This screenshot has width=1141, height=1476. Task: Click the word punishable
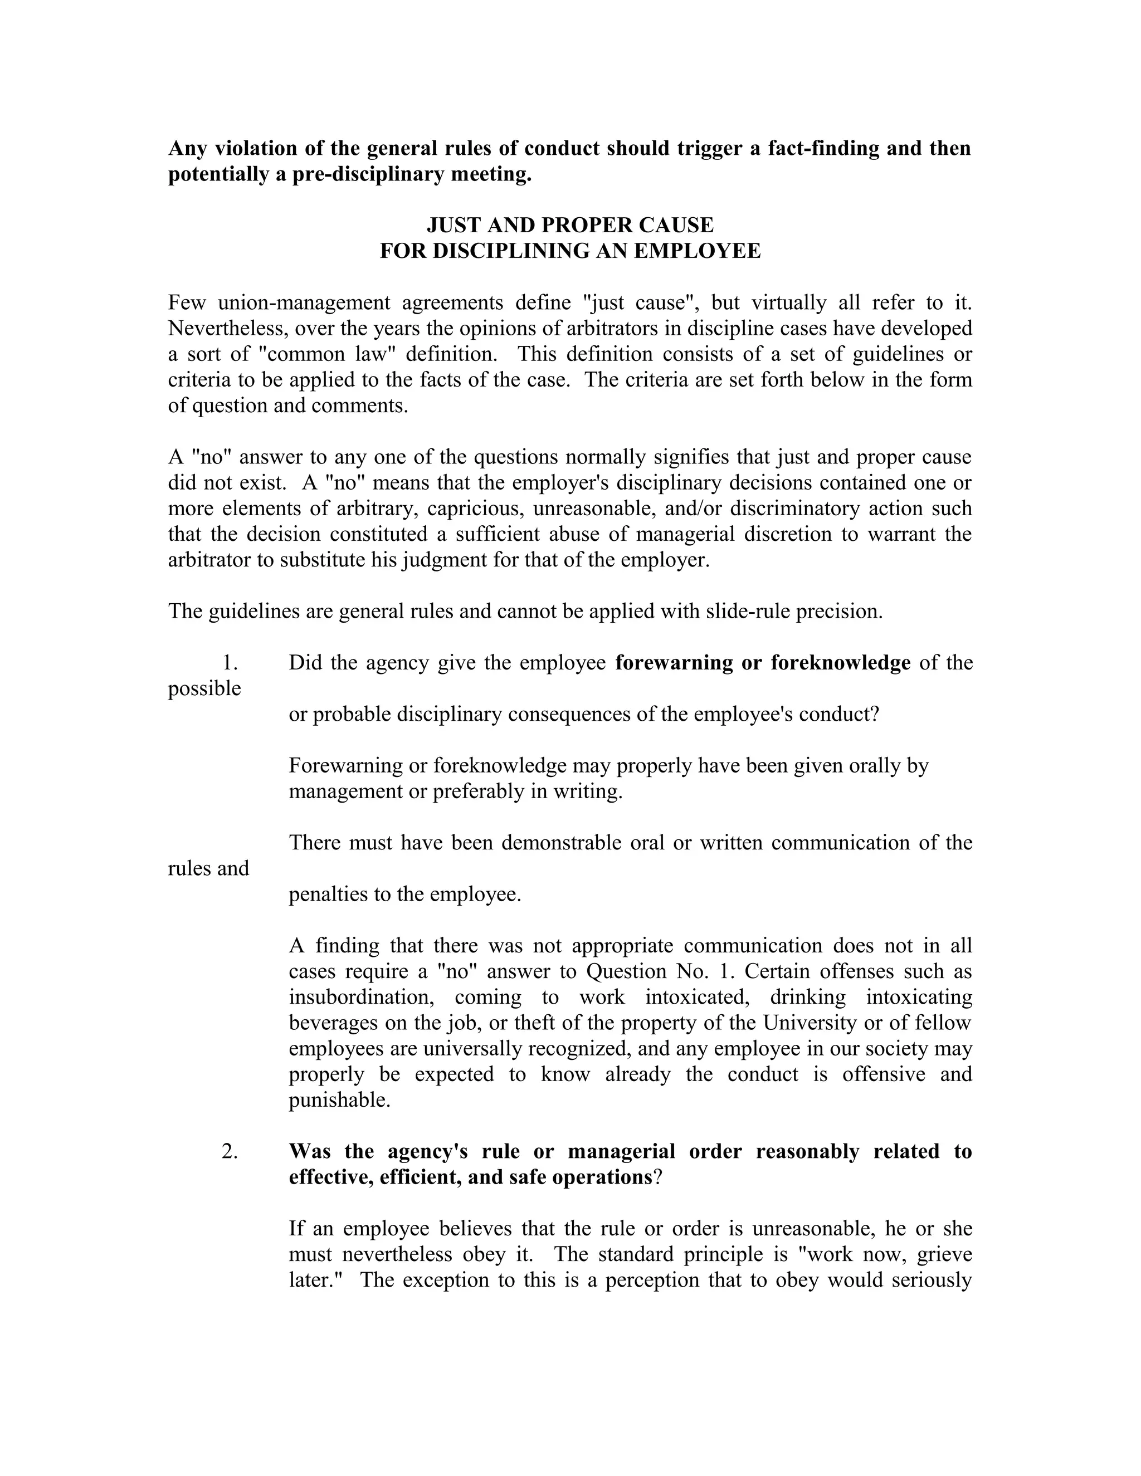(x=339, y=1100)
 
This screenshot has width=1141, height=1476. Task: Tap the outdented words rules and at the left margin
(x=208, y=868)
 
